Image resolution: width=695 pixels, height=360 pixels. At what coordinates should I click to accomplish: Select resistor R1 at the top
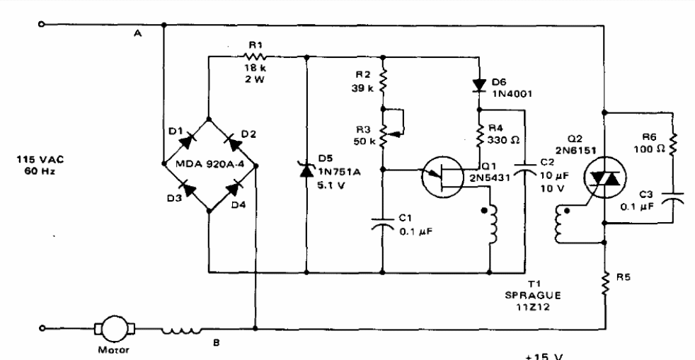pos(255,54)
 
